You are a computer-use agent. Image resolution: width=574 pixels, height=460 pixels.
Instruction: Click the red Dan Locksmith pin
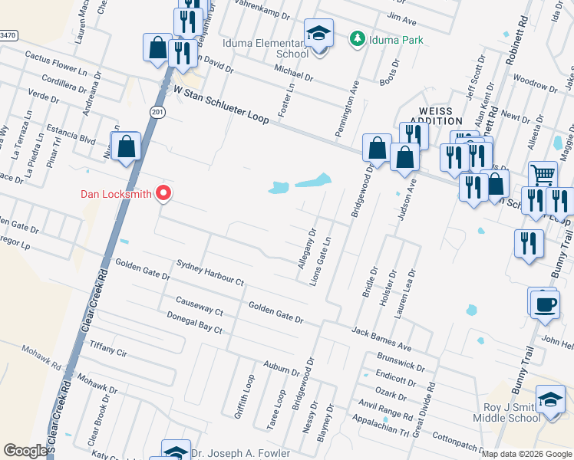tap(163, 194)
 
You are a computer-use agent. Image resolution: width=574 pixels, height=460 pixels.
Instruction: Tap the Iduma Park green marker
tap(356, 38)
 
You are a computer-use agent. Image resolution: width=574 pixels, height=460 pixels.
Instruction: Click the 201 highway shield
tap(157, 113)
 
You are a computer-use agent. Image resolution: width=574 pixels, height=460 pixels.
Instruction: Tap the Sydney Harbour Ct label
tap(209, 272)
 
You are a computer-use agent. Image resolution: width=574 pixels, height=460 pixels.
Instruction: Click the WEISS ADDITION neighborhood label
tap(436, 116)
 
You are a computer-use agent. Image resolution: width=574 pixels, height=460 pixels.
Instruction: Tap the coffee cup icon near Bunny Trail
tap(544, 304)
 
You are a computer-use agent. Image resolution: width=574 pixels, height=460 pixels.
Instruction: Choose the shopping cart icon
tap(543, 174)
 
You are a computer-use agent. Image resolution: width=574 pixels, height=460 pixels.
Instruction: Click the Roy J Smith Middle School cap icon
tap(550, 400)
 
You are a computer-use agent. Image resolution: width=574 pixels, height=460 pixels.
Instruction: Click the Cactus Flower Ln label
tap(56, 62)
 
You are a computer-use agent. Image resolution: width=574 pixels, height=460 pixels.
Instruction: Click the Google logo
tap(25, 451)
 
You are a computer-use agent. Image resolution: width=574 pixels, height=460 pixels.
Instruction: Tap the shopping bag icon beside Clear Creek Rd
tap(126, 146)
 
